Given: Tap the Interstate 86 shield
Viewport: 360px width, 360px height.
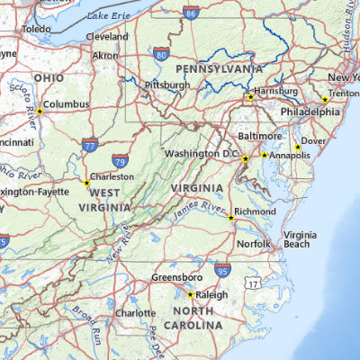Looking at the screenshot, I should coord(190,13).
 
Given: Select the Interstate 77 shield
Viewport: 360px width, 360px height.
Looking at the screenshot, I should coord(89,144).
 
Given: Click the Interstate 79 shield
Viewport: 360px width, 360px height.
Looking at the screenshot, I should coord(121,160).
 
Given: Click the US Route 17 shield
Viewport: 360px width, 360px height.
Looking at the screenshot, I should coord(255,283).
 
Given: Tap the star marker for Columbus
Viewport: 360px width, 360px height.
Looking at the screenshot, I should coord(39,111).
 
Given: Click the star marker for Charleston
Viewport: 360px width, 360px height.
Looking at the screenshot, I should coord(86,183).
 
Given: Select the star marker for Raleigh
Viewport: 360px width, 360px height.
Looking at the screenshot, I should coord(190,294).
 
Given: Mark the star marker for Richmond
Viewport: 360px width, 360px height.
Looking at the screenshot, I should coord(230,217).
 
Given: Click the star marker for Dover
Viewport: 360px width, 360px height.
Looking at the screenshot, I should coord(297,147).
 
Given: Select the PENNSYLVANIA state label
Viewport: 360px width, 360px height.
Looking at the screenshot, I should coord(219,69).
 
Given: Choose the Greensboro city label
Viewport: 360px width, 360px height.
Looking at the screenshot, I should coord(175,277).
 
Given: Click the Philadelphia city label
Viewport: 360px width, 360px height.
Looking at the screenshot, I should coord(310,112).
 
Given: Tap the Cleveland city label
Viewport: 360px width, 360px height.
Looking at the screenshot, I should coord(107,37).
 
